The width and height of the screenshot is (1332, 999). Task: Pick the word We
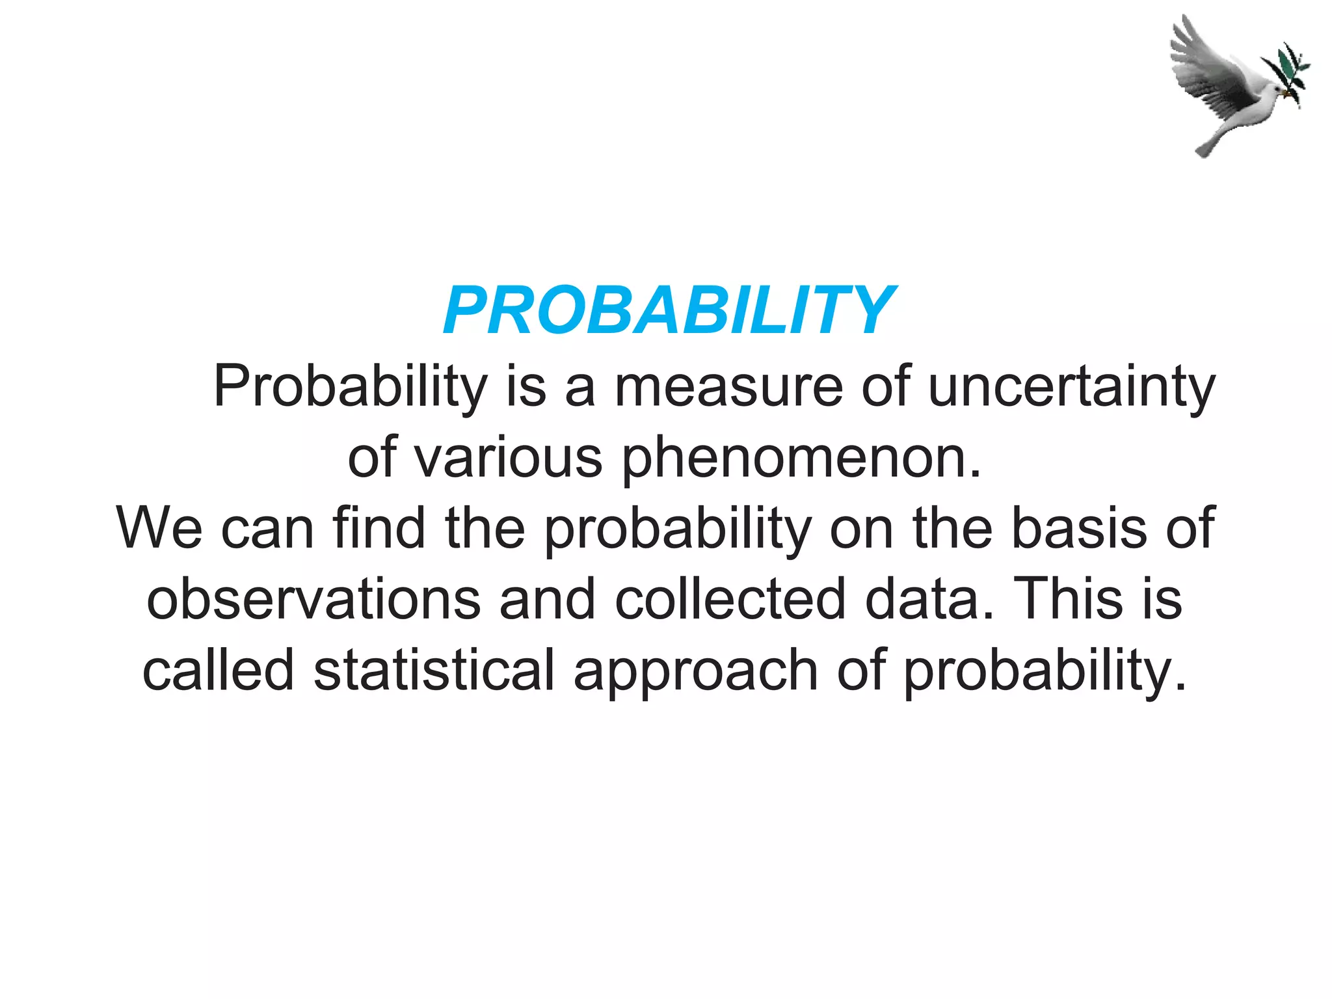[x=159, y=527]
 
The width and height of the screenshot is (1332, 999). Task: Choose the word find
[x=379, y=527]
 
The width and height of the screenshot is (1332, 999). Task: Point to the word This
[x=1067, y=598]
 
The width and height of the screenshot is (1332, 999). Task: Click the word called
[x=219, y=669]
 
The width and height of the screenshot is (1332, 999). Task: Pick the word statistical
[x=434, y=669]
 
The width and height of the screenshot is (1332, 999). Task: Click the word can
[x=267, y=529]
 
